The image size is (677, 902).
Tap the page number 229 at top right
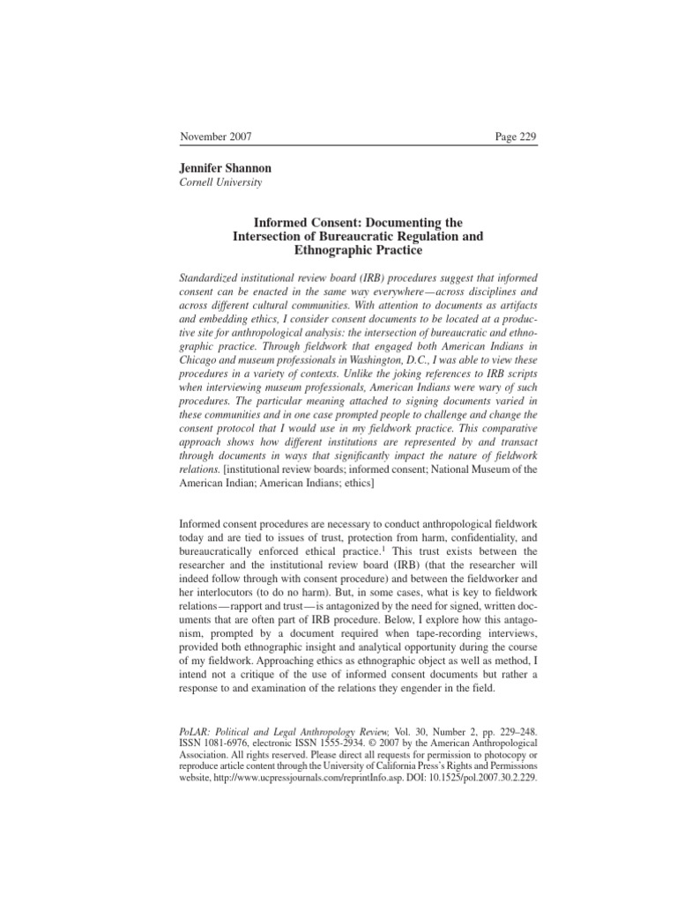[516, 137]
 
